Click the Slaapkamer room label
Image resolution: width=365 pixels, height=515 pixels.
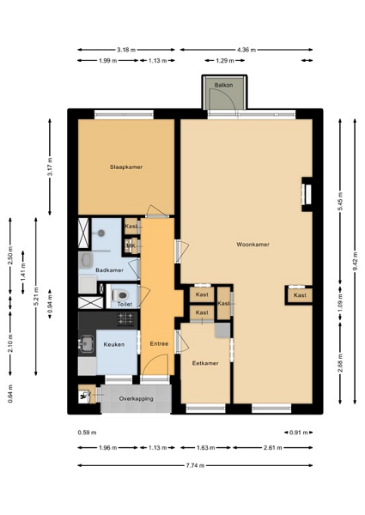[x=126, y=167]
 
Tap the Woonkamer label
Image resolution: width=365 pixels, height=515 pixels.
[x=252, y=245]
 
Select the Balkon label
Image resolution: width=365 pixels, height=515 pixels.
[x=224, y=85]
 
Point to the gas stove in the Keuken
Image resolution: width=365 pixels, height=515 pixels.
[x=126, y=319]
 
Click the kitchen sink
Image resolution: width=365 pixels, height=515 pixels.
[x=87, y=343]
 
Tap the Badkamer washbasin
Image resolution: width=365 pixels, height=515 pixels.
[x=87, y=260]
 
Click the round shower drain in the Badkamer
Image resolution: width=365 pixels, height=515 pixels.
[x=101, y=233]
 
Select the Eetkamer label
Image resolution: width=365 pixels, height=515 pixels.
[x=205, y=363]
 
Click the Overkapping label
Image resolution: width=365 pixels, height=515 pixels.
[x=136, y=399]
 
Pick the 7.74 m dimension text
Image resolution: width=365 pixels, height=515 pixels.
[x=195, y=465]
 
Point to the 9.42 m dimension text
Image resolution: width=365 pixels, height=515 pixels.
[x=355, y=261]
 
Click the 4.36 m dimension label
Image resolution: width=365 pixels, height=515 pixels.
[x=246, y=50]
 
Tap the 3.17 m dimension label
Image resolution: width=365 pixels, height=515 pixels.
[x=50, y=167]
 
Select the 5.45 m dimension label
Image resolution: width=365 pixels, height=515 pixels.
[x=340, y=202]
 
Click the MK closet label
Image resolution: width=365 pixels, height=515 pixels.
[x=131, y=245]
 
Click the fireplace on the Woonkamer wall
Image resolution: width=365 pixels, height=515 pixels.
[x=307, y=194]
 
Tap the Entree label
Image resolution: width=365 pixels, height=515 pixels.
[x=159, y=344]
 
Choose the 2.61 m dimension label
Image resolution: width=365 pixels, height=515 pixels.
[x=273, y=448]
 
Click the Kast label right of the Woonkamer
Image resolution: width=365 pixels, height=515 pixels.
[x=300, y=295]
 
